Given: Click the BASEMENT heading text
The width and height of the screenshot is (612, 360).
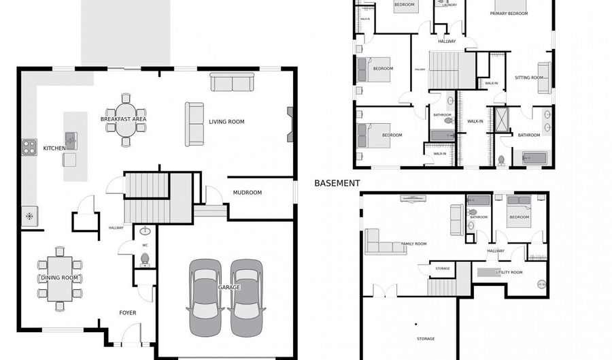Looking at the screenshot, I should click(337, 183).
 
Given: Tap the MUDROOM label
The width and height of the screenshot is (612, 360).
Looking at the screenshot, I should click(248, 193).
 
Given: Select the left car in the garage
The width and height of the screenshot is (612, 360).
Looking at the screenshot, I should click(205, 297).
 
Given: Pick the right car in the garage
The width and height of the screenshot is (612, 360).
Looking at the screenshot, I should click(245, 297).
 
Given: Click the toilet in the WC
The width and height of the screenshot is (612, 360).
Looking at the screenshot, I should click(144, 259).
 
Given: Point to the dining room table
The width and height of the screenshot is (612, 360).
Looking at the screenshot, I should click(60, 278).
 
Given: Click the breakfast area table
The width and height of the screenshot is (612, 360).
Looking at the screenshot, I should click(126, 119).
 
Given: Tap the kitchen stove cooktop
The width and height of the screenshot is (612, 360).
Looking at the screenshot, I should click(29, 146).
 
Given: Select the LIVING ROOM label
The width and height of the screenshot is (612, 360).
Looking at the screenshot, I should click(226, 122).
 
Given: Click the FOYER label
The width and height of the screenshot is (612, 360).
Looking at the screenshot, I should click(128, 313).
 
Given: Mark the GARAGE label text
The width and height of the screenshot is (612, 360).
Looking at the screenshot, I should click(228, 288).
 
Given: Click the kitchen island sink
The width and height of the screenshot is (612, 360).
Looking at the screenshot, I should click(71, 142).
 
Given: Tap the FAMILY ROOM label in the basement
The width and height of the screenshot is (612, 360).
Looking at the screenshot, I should click(414, 244).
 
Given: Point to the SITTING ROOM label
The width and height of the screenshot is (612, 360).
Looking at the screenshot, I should click(529, 78).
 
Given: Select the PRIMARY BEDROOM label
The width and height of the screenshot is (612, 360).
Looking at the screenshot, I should click(509, 14).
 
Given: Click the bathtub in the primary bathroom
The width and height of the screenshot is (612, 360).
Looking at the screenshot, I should click(534, 159).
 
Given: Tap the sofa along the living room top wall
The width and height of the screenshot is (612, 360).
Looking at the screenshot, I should click(232, 82).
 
